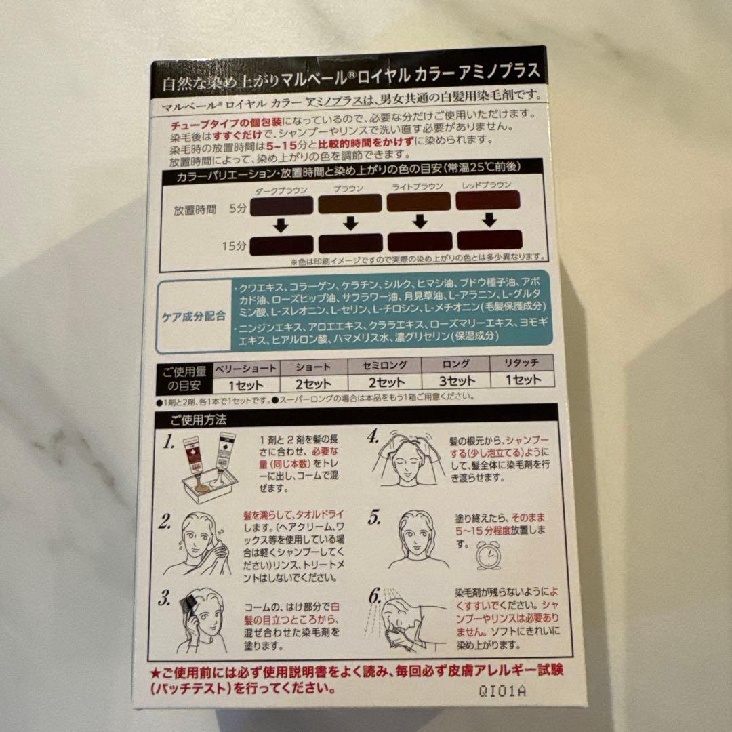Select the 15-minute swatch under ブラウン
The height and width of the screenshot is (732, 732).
click(350, 243)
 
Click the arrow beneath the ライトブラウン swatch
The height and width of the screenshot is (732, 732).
click(420, 221)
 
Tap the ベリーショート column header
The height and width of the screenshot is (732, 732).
click(246, 367)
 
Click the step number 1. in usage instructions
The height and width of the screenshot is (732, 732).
click(168, 445)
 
